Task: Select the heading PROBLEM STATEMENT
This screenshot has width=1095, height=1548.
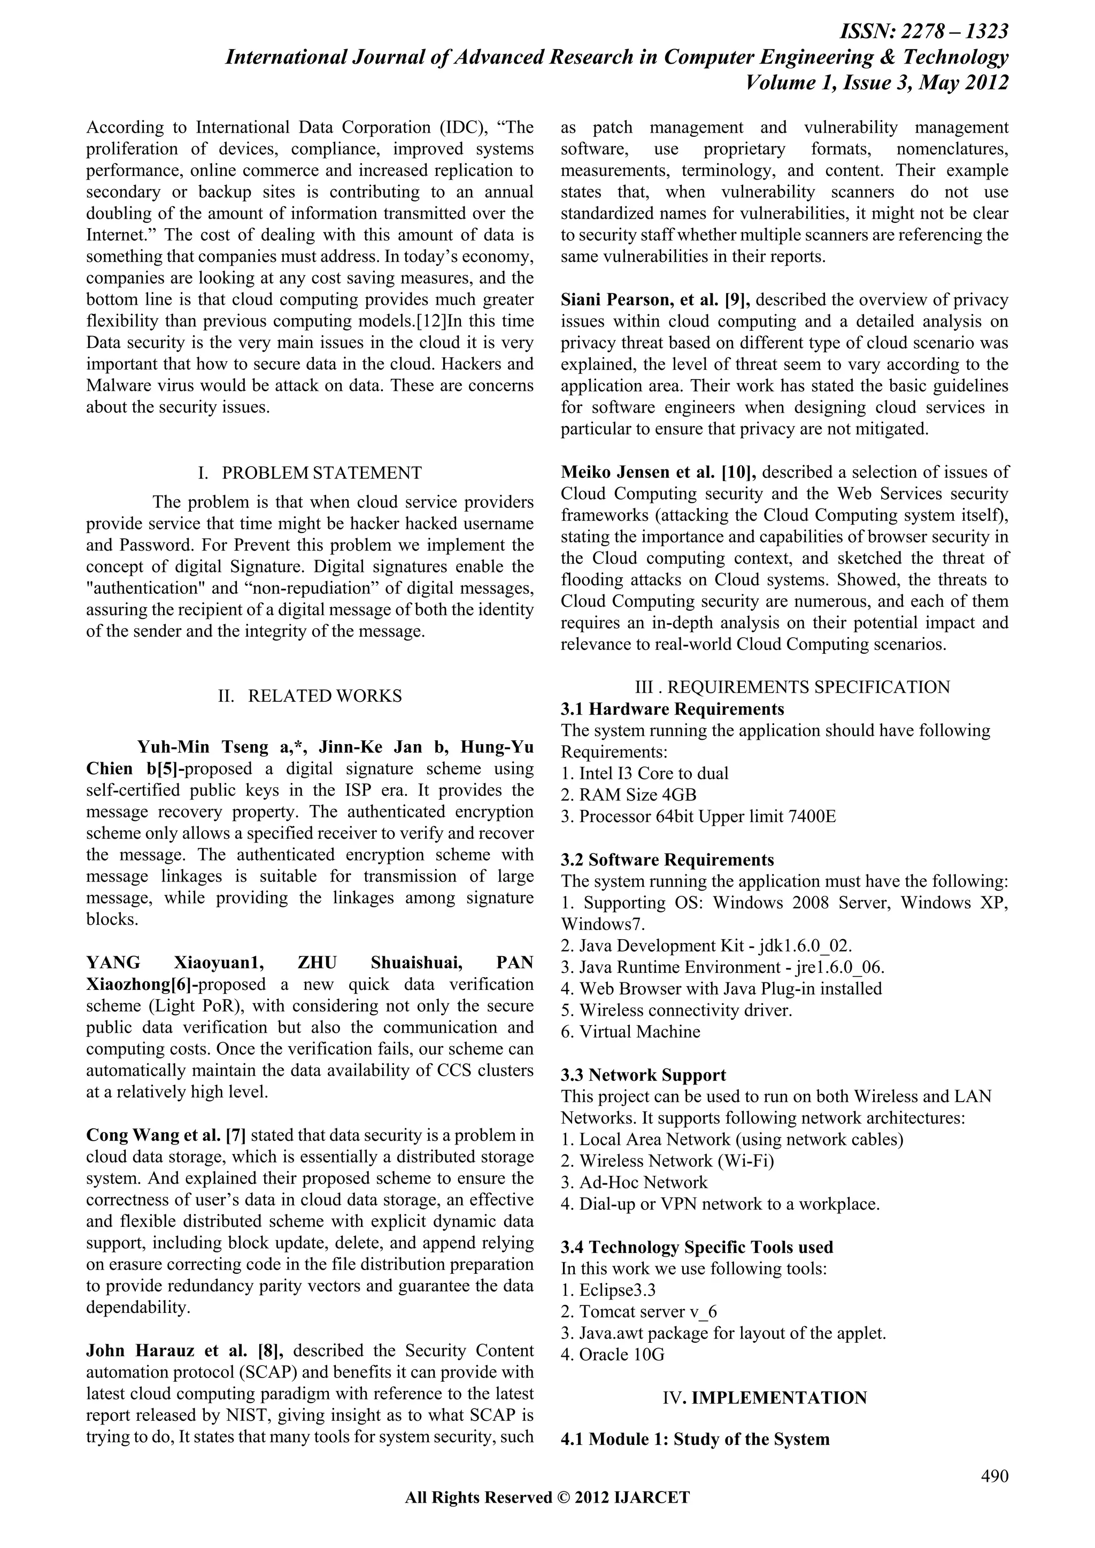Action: pyautogui.click(x=322, y=473)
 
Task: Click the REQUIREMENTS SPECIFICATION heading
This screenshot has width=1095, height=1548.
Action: pyautogui.click(x=808, y=686)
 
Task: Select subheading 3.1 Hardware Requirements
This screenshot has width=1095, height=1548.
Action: pyautogui.click(x=672, y=709)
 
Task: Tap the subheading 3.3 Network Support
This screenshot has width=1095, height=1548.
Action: pyautogui.click(x=643, y=1075)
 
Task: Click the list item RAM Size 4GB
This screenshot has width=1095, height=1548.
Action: pyautogui.click(x=637, y=795)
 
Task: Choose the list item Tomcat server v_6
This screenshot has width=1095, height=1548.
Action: pyautogui.click(x=647, y=1311)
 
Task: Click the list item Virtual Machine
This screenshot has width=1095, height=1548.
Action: pyautogui.click(x=639, y=1032)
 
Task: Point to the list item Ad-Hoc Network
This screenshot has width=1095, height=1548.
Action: pyautogui.click(x=643, y=1182)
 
